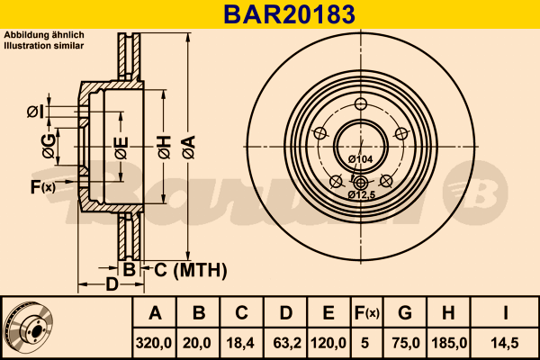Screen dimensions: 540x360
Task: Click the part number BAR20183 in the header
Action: pos(289,14)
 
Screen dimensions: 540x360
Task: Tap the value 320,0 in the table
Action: pos(154,343)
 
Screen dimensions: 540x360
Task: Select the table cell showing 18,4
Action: pos(240,343)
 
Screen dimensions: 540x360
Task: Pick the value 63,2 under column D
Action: pos(287,343)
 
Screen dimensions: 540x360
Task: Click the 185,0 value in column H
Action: pos(449,343)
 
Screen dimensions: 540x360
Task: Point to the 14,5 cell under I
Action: pos(505,343)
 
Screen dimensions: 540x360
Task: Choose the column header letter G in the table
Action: pos(405,313)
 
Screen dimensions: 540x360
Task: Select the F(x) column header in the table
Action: pos(366,313)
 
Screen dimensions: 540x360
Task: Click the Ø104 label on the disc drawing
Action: pos(360,159)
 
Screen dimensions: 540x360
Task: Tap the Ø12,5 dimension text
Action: pos(361,195)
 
